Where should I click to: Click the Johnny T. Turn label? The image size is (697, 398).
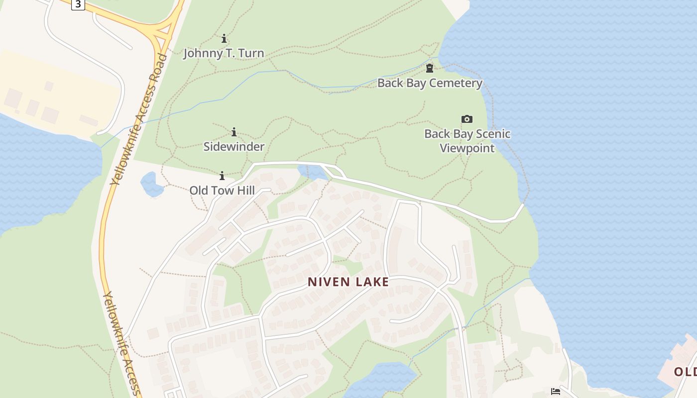click(x=224, y=53)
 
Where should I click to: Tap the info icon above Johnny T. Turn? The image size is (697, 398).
click(x=224, y=38)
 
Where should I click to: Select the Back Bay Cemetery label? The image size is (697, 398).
click(x=430, y=83)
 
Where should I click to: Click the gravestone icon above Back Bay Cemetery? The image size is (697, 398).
click(x=430, y=68)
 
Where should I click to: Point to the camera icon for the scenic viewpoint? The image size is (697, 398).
click(x=466, y=119)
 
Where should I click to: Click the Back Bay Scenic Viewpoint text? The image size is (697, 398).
click(x=467, y=141)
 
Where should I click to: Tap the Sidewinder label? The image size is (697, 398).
click(x=233, y=147)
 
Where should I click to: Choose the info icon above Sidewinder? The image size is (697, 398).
click(x=234, y=132)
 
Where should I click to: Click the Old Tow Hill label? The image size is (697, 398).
click(x=222, y=191)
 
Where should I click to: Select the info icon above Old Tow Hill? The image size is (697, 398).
click(x=222, y=176)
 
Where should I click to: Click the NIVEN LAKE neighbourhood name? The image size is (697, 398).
click(x=348, y=282)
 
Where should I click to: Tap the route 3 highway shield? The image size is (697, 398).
click(x=78, y=4)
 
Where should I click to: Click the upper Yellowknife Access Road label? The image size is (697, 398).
click(x=139, y=119)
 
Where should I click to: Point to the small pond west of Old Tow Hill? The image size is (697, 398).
click(x=152, y=184)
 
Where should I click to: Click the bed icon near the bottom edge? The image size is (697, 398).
click(x=556, y=392)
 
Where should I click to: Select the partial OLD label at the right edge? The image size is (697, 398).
click(x=685, y=372)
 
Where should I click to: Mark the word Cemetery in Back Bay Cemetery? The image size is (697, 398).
click(x=457, y=83)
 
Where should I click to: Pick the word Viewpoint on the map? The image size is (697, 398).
click(x=467, y=148)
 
